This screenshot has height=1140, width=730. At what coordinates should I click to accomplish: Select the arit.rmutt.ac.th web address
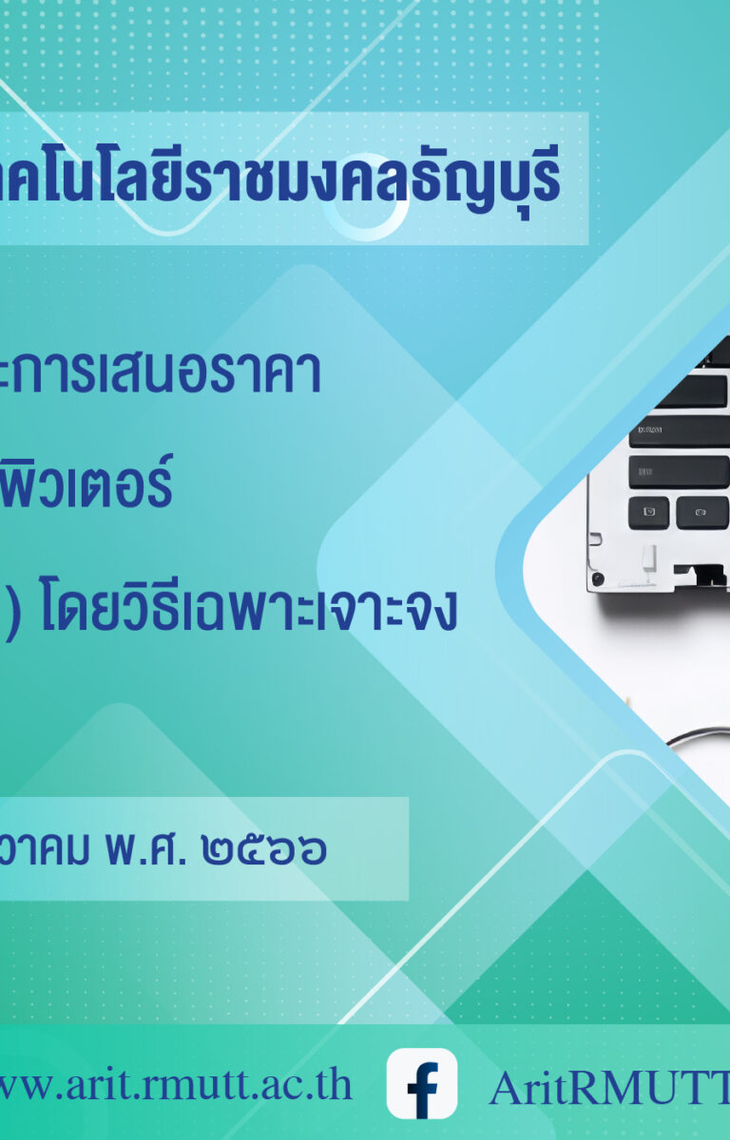click(x=174, y=1086)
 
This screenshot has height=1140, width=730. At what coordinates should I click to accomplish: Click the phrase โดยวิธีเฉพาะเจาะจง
click(x=249, y=608)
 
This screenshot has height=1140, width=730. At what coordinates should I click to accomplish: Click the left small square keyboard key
click(x=649, y=512)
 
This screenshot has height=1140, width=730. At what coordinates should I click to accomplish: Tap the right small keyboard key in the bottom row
click(x=702, y=512)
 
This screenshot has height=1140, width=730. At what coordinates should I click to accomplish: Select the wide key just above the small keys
click(x=679, y=472)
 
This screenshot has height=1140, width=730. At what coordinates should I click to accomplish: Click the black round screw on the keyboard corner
click(x=598, y=579)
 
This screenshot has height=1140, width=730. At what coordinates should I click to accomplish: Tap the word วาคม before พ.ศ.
click(x=45, y=849)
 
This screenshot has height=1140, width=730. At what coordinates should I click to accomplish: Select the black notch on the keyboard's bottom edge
click(x=699, y=572)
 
